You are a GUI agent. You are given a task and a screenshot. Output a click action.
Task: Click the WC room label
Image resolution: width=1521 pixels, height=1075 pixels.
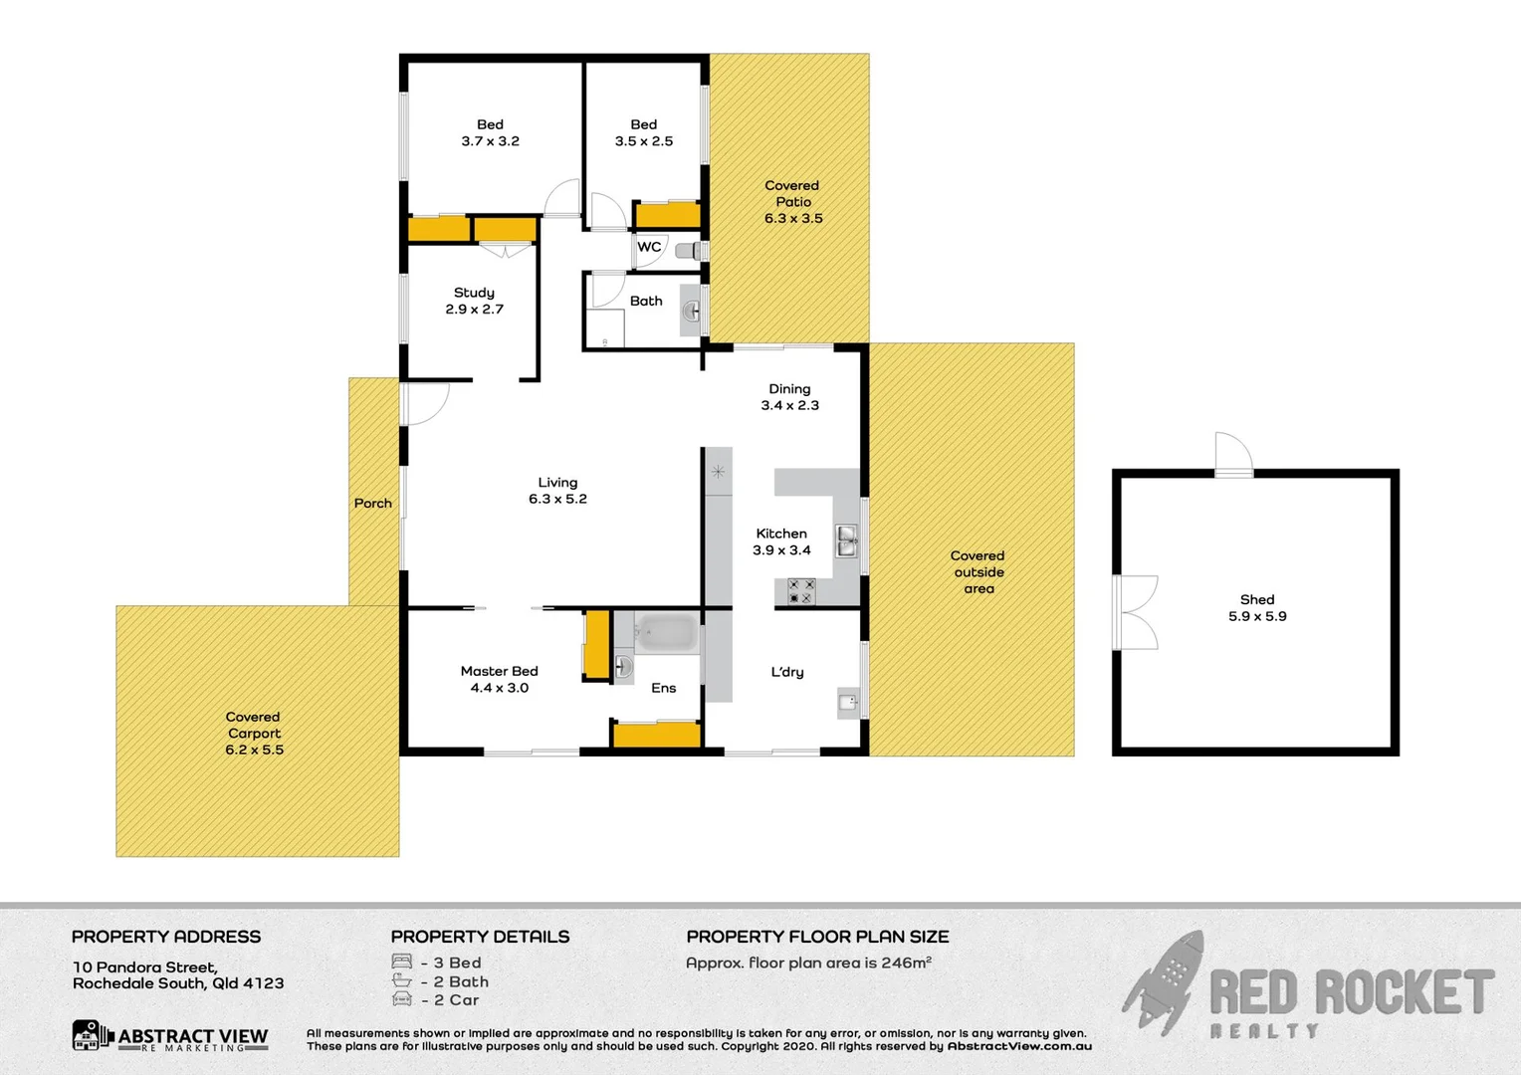tap(649, 247)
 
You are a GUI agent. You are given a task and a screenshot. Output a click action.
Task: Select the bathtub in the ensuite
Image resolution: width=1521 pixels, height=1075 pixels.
tap(666, 633)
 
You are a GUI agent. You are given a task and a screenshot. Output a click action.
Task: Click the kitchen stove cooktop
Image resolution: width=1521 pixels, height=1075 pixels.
tap(801, 591)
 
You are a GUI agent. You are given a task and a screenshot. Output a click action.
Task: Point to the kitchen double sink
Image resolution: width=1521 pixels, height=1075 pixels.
tap(846, 542)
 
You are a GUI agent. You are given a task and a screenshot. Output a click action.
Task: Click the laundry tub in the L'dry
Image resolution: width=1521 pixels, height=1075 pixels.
tap(847, 703)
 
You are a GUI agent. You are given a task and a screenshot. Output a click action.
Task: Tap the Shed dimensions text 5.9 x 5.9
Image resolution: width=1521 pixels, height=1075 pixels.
tap(1257, 616)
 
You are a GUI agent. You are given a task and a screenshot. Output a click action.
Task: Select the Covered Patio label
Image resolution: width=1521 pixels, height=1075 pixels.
tap(792, 193)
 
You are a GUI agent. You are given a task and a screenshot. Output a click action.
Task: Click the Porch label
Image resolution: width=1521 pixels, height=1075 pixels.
tap(373, 504)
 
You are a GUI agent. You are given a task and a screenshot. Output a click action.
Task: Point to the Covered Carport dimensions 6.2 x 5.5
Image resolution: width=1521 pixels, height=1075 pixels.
tap(254, 750)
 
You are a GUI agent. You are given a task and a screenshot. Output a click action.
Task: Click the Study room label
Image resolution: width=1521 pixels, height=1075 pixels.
tap(474, 293)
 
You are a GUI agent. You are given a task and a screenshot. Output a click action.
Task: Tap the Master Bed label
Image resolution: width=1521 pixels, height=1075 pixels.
tap(499, 671)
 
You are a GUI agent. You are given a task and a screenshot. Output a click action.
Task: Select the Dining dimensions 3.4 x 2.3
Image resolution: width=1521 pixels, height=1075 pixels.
tap(789, 405)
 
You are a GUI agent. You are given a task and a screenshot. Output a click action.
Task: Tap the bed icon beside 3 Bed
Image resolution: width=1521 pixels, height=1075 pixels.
tap(402, 963)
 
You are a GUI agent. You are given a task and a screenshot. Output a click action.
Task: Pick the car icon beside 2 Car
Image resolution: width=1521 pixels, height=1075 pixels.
tap(402, 999)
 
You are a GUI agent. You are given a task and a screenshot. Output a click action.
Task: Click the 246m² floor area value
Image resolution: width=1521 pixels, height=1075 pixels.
tap(906, 963)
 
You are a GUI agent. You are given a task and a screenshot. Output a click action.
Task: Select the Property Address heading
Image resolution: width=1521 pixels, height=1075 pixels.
tap(166, 937)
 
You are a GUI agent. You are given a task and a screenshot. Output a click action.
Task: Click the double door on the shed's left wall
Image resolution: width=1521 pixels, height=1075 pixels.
tap(1135, 612)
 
